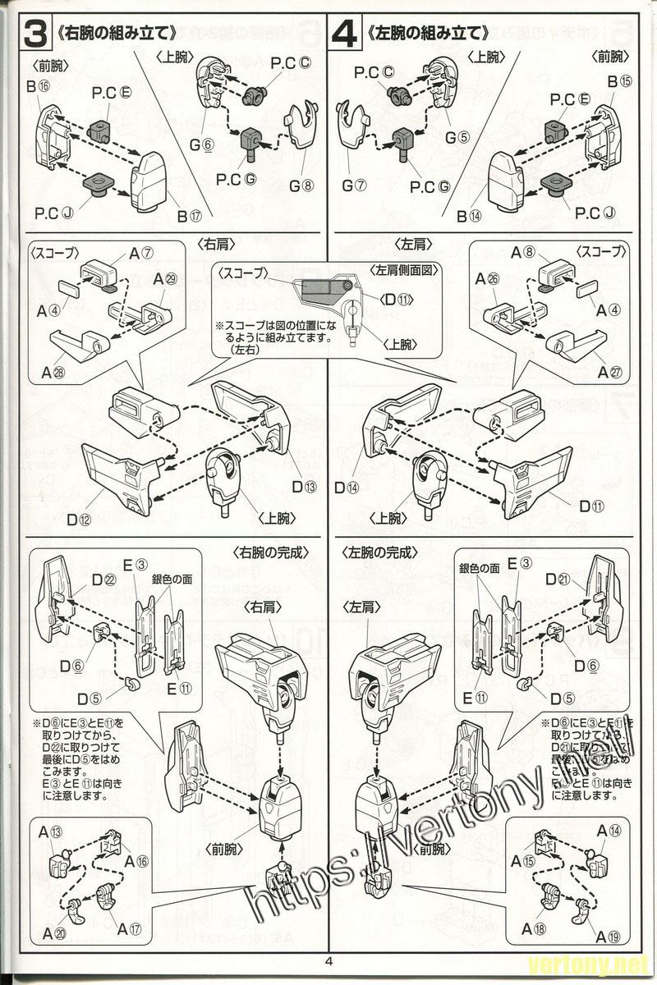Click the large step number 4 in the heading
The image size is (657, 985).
(x=347, y=34)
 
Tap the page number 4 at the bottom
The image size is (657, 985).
(x=328, y=962)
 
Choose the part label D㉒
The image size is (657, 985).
(x=103, y=580)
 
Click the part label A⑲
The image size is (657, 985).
(x=607, y=937)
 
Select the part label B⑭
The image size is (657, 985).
(x=474, y=216)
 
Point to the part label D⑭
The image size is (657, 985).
(x=347, y=487)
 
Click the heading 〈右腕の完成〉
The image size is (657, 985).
(x=272, y=552)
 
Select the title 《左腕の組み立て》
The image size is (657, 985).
(x=427, y=34)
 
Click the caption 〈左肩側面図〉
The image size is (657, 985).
(x=404, y=270)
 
